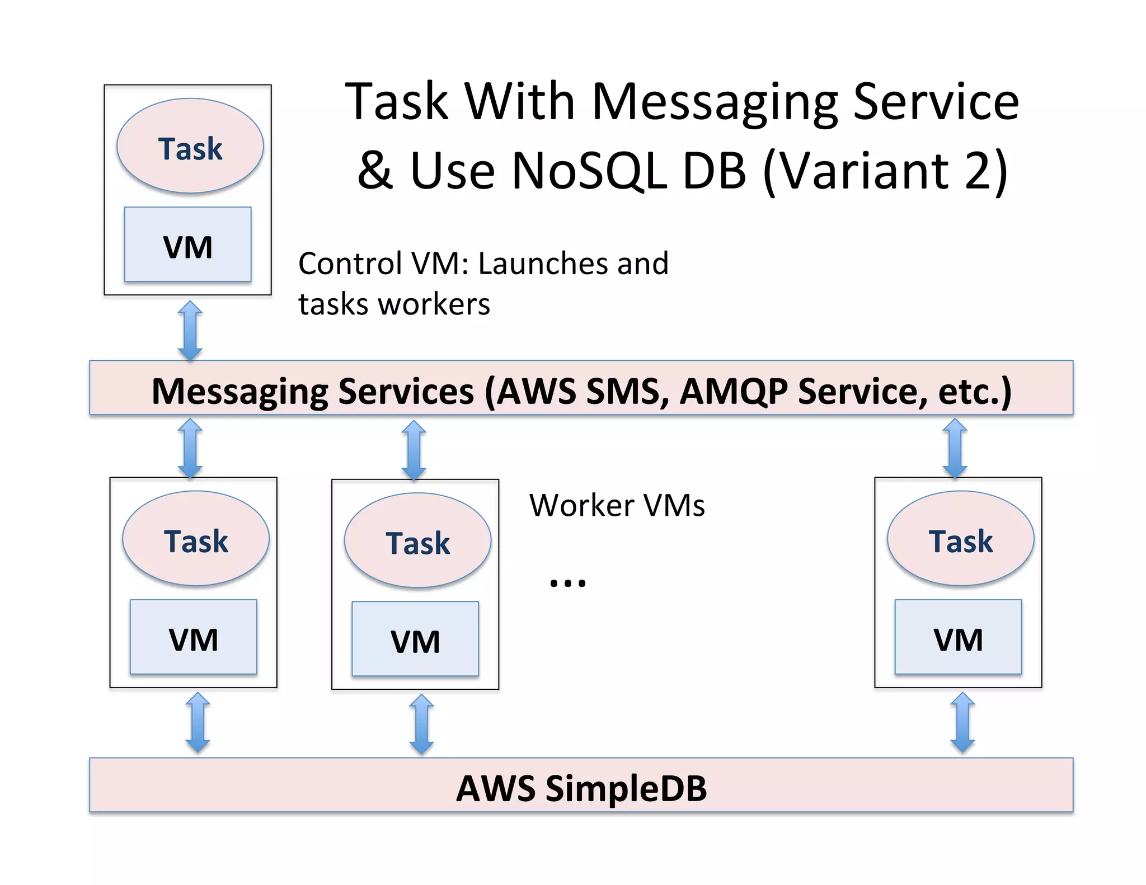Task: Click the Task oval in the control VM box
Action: coord(190,147)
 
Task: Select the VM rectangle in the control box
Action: coord(187,244)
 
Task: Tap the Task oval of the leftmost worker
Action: coord(195,539)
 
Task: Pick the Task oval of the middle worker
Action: coord(417,540)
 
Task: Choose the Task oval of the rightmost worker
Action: coord(960,539)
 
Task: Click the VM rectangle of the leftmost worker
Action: coord(193,637)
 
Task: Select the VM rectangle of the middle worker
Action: coord(415,639)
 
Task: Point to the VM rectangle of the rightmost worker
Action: coord(958,637)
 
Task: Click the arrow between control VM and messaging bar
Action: coord(190,331)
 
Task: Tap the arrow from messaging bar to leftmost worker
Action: coord(190,448)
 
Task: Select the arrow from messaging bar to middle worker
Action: coord(414,450)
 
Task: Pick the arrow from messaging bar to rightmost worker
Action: coord(955,448)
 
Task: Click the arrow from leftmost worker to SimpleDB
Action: coord(198,722)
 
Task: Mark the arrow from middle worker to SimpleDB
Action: coord(421,724)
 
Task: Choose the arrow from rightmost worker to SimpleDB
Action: coord(962,722)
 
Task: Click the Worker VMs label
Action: coord(617,505)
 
